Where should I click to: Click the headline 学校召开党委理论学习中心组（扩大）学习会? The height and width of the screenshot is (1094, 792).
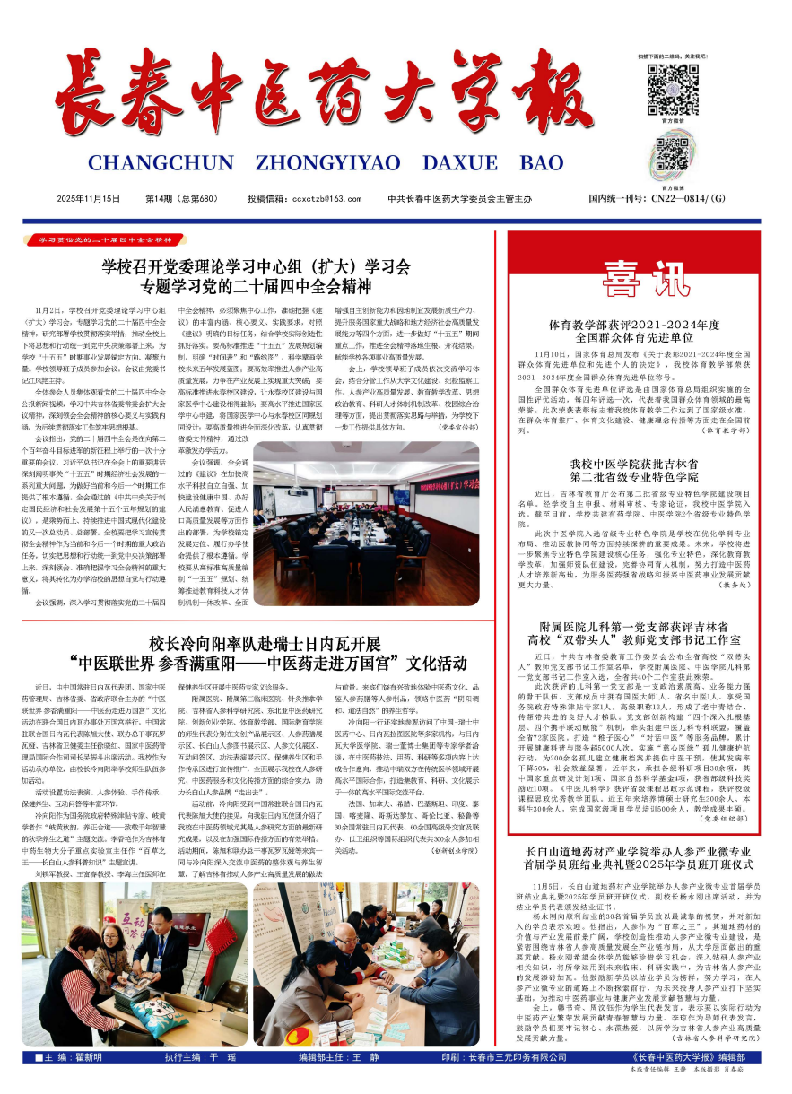tap(256, 266)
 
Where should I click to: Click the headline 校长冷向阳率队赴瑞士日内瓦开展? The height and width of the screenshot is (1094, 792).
tap(265, 644)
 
